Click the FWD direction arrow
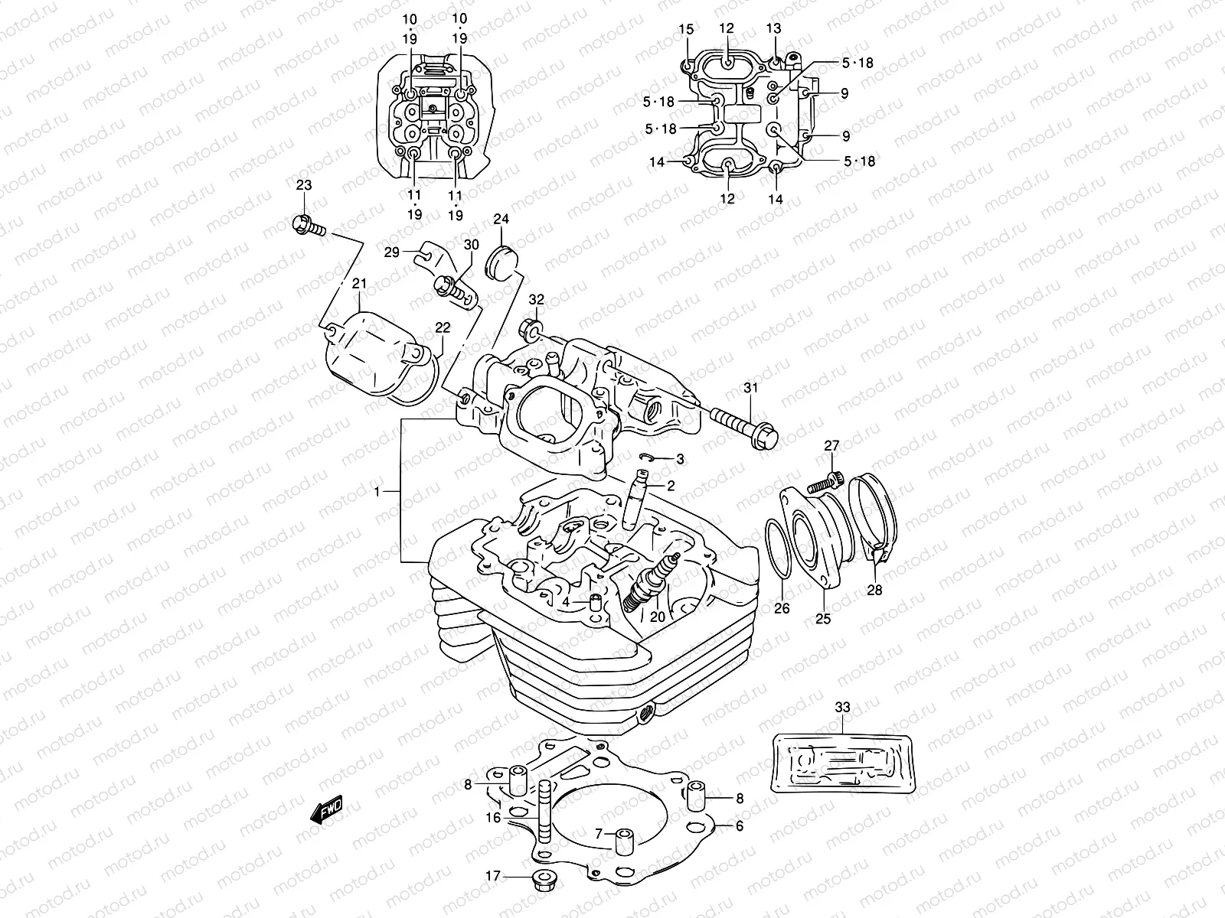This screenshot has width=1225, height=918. pyautogui.click(x=326, y=809)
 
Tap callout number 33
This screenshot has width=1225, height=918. pyautogui.click(x=842, y=708)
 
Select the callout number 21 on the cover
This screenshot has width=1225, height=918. pyautogui.click(x=360, y=284)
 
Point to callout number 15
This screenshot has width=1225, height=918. pyautogui.click(x=686, y=29)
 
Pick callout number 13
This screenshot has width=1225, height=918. pyautogui.click(x=773, y=28)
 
